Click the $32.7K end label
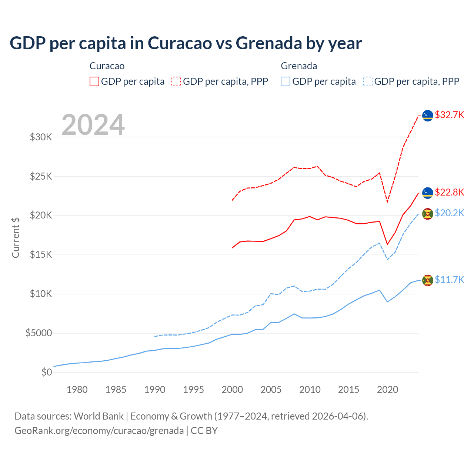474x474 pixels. click(x=449, y=115)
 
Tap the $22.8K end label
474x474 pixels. click(x=449, y=192)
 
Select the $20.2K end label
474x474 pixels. click(x=449, y=213)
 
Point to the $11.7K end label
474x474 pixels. click(x=449, y=280)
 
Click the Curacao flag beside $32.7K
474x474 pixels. click(x=428, y=116)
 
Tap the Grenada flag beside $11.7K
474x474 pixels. click(x=428, y=280)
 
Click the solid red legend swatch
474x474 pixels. click(x=94, y=81)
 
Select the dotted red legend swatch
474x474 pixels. click(x=177, y=81)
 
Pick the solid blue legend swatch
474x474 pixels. click(x=286, y=81)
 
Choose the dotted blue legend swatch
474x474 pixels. click(x=368, y=81)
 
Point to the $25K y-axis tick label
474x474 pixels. click(x=41, y=176)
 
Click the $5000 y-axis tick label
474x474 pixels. click(x=39, y=333)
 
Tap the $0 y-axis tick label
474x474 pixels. click(x=46, y=372)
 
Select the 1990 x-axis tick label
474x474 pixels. click(x=155, y=390)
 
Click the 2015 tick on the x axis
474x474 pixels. click(x=348, y=390)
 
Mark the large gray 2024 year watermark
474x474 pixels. click(x=93, y=125)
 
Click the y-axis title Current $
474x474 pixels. click(x=16, y=237)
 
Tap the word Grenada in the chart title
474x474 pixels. click(x=269, y=43)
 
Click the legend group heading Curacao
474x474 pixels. click(x=107, y=66)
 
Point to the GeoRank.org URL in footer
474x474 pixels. click(x=99, y=431)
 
